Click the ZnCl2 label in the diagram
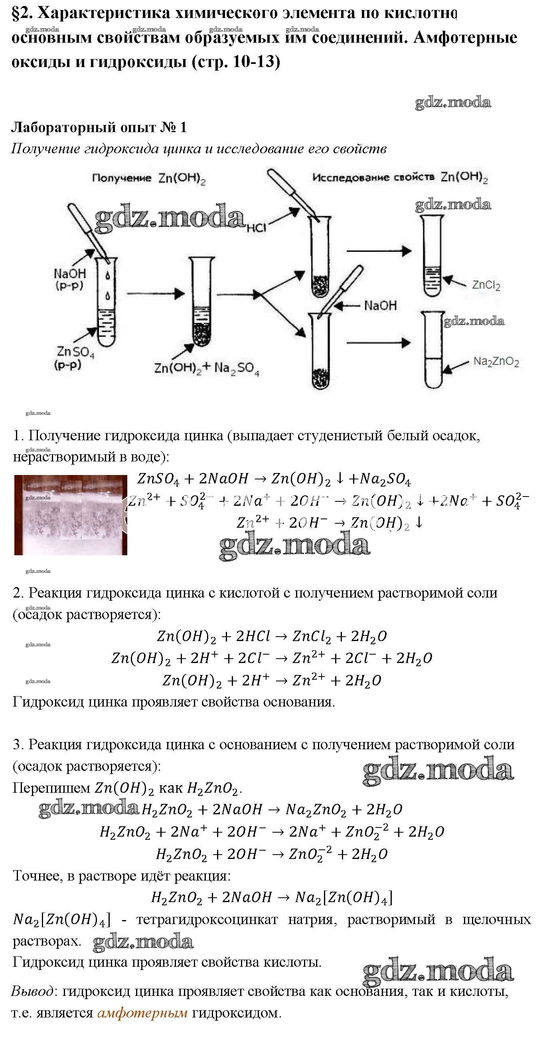[x=486, y=285]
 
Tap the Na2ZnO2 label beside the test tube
[x=496, y=362]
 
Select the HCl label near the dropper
[x=256, y=228]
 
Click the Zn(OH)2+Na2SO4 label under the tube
[x=206, y=368]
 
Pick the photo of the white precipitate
[x=71, y=515]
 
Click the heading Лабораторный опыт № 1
[x=99, y=127]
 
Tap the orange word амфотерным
[x=142, y=1013]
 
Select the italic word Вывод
[x=32, y=992]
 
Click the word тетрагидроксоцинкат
[x=207, y=919]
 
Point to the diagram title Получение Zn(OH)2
[x=148, y=178]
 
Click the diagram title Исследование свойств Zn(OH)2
[x=400, y=177]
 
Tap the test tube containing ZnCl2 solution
[x=432, y=255]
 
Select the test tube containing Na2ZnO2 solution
[x=433, y=349]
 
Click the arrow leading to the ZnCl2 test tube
[x=379, y=251]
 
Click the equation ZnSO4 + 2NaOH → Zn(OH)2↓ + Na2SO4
[x=274, y=479]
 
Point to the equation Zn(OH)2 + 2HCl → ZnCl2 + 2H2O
[x=272, y=636]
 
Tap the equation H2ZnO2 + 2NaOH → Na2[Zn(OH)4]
[x=272, y=897]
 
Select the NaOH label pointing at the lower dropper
[x=380, y=305]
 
